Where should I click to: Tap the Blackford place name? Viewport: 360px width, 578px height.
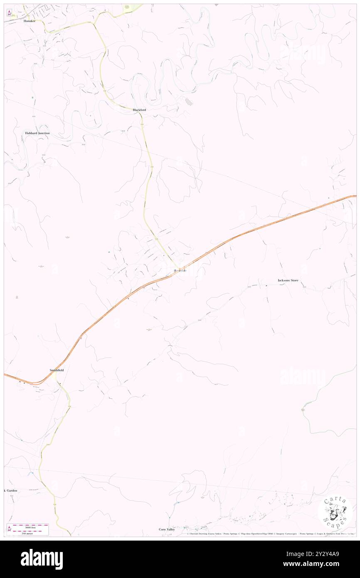point(139,110)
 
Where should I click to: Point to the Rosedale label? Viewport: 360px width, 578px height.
point(180,271)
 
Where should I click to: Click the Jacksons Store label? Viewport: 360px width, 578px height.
point(288,281)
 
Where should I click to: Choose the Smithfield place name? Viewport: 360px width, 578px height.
point(57,370)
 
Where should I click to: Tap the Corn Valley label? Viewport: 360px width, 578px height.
point(167,529)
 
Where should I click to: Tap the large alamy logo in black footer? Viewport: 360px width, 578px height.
point(42,559)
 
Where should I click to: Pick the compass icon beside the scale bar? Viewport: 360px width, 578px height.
point(9,528)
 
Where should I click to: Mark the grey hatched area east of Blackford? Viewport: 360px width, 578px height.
point(189,101)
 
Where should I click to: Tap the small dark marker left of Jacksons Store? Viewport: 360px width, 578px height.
point(266,286)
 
